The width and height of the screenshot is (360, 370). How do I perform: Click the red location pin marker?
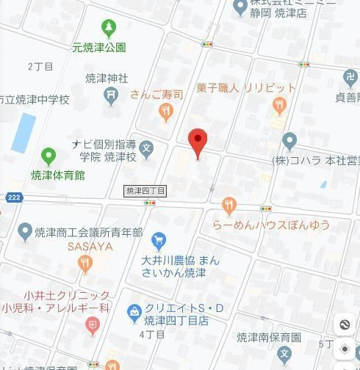pyautogui.click(x=197, y=140)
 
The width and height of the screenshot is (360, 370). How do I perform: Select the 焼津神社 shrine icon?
pyautogui.click(x=110, y=94)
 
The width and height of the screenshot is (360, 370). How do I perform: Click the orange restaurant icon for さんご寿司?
pyautogui.click(x=165, y=112)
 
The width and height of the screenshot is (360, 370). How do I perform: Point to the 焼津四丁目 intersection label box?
pyautogui.click(x=145, y=191)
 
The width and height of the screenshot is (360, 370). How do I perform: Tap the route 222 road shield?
pyautogui.click(x=13, y=197)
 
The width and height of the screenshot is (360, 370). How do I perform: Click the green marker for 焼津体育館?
pyautogui.click(x=48, y=156)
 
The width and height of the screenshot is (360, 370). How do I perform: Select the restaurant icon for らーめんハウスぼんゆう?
pyautogui.click(x=229, y=206)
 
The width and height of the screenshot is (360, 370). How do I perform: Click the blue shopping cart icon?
pyautogui.click(x=158, y=240)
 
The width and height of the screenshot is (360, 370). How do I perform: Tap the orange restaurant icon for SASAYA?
pyautogui.click(x=87, y=262)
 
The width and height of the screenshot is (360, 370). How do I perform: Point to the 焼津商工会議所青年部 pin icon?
pyautogui.click(x=24, y=232)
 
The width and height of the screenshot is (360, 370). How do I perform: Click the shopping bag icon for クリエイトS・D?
pyautogui.click(x=134, y=314)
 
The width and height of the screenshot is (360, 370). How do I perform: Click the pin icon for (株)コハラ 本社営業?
pyautogui.click(x=289, y=140)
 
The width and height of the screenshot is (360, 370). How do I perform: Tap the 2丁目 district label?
pyautogui.click(x=40, y=67)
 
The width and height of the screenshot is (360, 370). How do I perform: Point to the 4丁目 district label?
pyautogui.click(x=152, y=334)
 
